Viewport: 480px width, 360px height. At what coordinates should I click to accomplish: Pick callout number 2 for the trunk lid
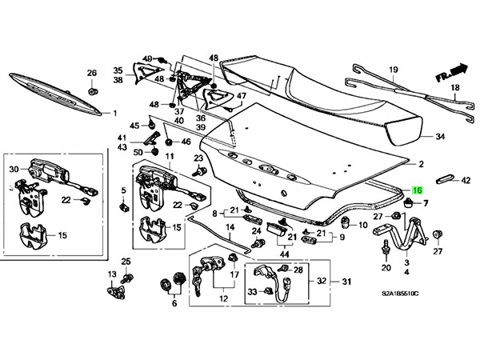click(421, 166)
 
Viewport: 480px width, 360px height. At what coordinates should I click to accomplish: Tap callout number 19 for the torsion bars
click(394, 70)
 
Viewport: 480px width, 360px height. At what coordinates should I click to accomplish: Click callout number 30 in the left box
click(13, 169)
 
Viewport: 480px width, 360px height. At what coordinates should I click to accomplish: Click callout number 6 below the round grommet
click(174, 304)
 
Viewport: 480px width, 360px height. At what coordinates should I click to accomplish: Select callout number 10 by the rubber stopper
click(362, 226)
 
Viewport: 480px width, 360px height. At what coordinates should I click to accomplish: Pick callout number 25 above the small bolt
click(126, 262)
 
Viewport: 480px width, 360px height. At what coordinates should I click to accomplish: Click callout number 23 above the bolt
click(199, 159)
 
